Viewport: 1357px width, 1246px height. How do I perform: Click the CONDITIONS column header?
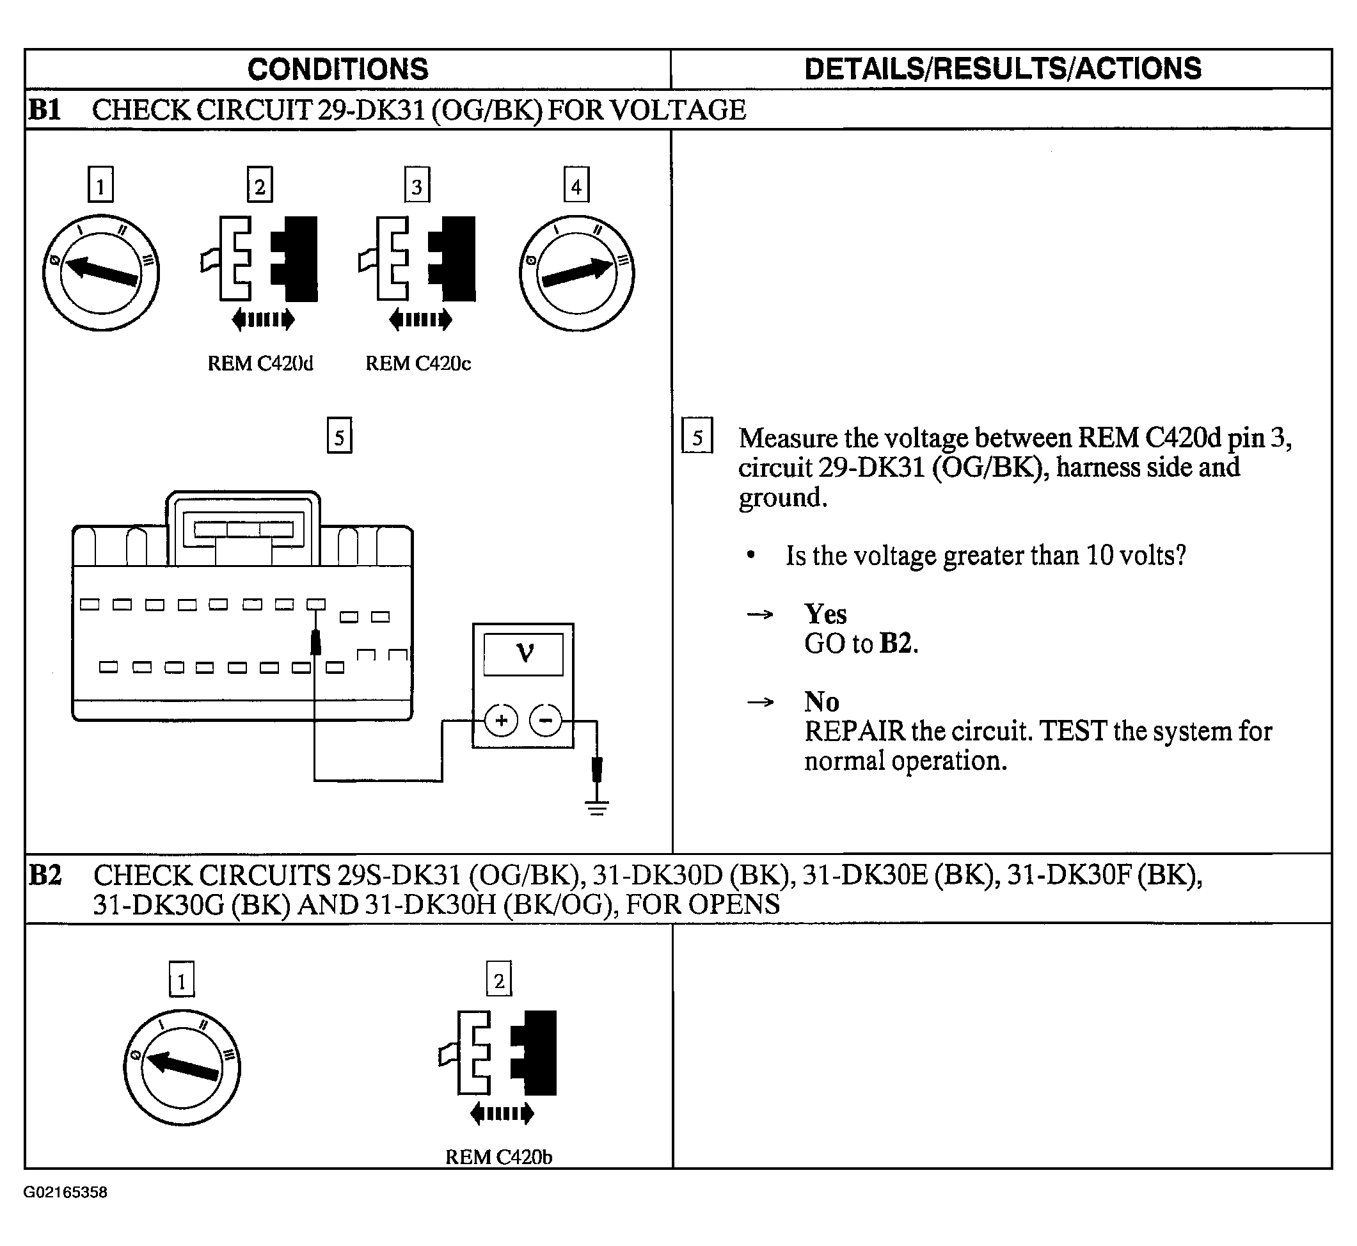click(338, 68)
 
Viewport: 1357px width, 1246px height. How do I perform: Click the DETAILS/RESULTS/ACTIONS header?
click(1003, 68)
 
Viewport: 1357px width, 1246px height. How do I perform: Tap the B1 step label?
click(45, 109)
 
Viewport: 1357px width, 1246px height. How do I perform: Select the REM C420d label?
click(260, 363)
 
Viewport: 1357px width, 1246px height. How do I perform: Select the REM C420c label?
click(418, 363)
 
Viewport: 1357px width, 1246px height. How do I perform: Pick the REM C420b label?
click(499, 1157)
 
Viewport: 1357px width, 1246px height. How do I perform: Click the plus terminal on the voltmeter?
click(501, 721)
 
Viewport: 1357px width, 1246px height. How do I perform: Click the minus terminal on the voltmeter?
click(546, 721)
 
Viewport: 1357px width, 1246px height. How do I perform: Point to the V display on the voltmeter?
click(524, 653)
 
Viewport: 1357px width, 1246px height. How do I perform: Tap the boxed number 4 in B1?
click(576, 186)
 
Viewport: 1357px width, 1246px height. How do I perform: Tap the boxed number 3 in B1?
click(417, 186)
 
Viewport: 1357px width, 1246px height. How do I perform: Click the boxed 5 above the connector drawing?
click(339, 436)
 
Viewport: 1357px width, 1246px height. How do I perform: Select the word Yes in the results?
click(825, 614)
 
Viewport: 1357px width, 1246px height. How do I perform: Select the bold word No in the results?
click(821, 702)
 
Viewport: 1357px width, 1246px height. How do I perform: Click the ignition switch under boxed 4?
click(576, 273)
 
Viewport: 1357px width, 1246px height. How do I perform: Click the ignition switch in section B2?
click(182, 1067)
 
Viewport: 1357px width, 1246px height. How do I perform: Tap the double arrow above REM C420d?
click(263, 319)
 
